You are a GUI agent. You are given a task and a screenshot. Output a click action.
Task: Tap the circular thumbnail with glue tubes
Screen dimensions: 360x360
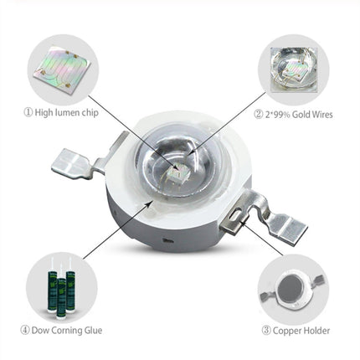[60, 285]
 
